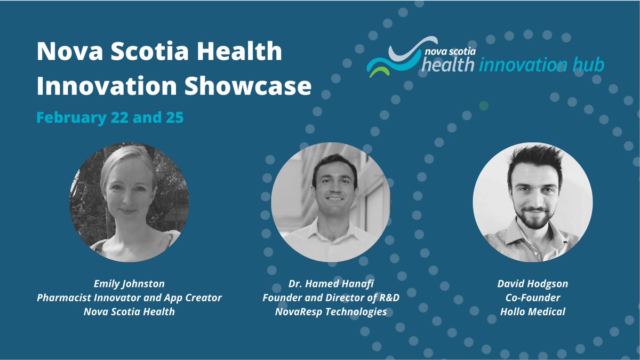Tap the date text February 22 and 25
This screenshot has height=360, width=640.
coord(110,118)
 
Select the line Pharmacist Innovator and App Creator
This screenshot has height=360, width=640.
coord(129,298)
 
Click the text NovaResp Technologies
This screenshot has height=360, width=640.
coord(331,311)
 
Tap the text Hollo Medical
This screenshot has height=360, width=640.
coord(533,311)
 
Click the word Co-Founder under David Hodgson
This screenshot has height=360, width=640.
coord(533,298)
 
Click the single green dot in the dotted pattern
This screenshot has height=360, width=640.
coord(483,106)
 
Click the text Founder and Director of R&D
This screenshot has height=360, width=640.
coord(331,298)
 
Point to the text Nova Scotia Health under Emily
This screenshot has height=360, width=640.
coord(129,311)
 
